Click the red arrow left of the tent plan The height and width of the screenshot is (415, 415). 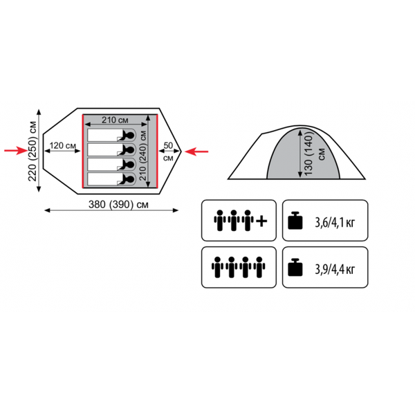pos(16,151)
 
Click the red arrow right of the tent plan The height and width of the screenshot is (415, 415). pos(196,151)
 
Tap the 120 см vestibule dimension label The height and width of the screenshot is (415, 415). pos(63,145)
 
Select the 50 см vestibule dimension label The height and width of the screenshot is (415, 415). pos(168,151)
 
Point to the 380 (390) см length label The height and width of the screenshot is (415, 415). pos(118,205)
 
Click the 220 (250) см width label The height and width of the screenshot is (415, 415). pos(33,151)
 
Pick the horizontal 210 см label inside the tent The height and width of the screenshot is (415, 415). pos(115,120)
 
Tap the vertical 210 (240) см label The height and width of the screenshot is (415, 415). pos(143,156)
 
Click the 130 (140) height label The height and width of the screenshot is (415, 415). pos(308,154)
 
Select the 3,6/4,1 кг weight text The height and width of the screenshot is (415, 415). pos(335,223)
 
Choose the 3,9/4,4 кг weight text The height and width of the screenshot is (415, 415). pos(335,270)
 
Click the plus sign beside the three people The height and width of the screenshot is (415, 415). pos(261,221)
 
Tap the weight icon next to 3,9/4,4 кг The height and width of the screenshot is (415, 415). pos(295,267)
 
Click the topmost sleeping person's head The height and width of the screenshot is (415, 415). pos(130,136)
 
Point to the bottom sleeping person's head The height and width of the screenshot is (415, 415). pos(130,179)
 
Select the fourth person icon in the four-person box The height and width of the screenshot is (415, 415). pos(259,267)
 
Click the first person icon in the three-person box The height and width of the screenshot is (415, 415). pos(220,221)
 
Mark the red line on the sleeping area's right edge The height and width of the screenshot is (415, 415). pos(157,151)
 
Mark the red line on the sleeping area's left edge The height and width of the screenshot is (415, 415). pos(83,151)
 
